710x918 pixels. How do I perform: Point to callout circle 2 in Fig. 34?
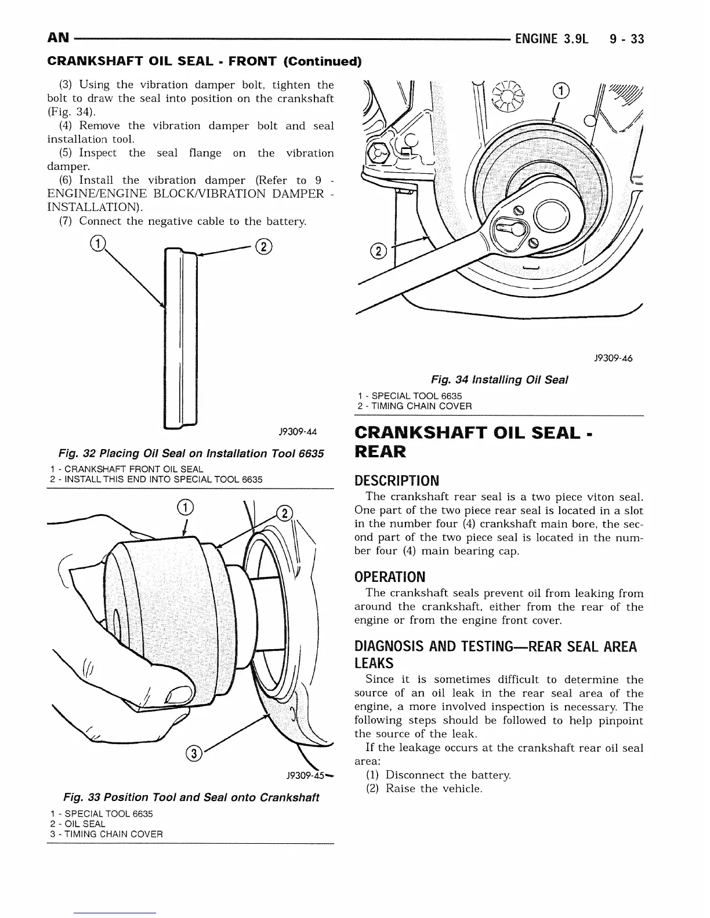pos(378,252)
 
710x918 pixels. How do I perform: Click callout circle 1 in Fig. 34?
pos(561,91)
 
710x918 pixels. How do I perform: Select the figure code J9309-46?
pos(613,358)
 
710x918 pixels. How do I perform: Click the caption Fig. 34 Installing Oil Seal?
pos(499,380)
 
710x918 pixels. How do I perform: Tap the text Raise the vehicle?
pos(434,788)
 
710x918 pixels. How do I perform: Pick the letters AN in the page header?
pos(58,39)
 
